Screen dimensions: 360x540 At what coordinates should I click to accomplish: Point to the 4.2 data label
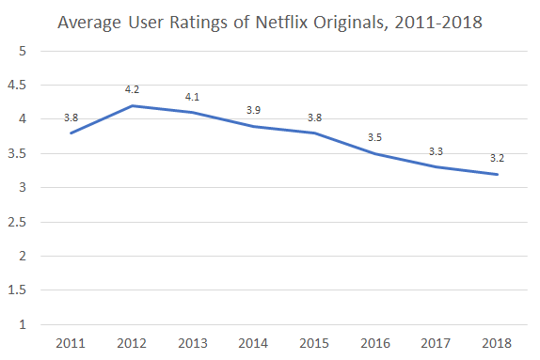(133, 89)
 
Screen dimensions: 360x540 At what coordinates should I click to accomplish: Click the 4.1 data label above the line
(193, 97)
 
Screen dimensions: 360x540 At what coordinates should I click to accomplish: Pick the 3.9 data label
(253, 110)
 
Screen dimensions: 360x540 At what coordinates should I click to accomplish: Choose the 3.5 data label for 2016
(375, 137)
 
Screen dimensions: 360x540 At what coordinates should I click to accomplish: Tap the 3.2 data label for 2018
(497, 158)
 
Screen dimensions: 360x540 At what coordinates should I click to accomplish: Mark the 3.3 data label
(437, 151)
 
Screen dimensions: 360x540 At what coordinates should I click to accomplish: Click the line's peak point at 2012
(132, 105)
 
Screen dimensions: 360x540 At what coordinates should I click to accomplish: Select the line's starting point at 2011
(71, 133)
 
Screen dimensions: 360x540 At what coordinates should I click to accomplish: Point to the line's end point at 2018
(497, 174)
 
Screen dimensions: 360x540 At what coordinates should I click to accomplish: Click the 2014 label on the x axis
(254, 343)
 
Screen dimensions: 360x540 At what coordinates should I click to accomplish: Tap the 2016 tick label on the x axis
(375, 343)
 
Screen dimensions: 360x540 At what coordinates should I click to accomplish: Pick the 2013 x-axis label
(193, 343)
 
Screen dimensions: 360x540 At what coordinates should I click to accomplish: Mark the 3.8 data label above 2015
(314, 117)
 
